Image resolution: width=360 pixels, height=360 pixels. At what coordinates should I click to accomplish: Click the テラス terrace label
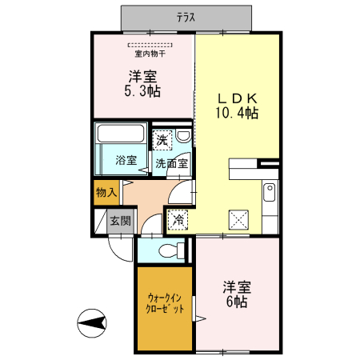(186, 16)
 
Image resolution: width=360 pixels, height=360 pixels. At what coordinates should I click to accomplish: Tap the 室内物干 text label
(150, 54)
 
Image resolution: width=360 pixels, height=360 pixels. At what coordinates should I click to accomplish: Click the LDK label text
(238, 98)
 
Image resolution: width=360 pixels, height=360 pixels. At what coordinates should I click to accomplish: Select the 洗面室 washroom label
(171, 162)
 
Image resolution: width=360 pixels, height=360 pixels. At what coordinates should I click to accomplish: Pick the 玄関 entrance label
(120, 221)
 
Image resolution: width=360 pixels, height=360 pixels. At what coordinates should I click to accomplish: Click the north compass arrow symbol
(93, 323)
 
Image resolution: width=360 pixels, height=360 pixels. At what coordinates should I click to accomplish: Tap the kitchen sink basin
(269, 192)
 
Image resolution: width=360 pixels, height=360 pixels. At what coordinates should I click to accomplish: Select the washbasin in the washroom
(183, 137)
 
